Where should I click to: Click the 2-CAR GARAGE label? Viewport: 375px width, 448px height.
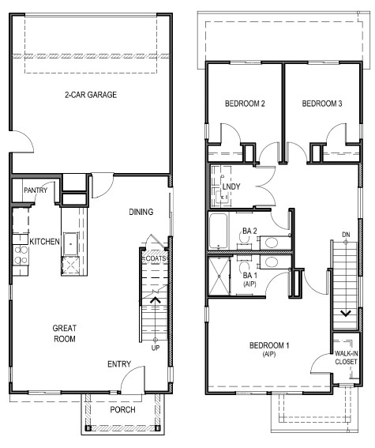91,95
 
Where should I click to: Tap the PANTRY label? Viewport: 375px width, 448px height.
36,190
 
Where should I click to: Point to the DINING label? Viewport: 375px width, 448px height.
141,212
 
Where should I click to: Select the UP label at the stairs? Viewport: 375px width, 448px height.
156,347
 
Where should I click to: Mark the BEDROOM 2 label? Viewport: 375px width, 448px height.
244,104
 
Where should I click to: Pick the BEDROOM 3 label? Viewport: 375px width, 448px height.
321,104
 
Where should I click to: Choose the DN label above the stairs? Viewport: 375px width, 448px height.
345,235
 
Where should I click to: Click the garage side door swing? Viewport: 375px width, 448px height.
24,143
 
